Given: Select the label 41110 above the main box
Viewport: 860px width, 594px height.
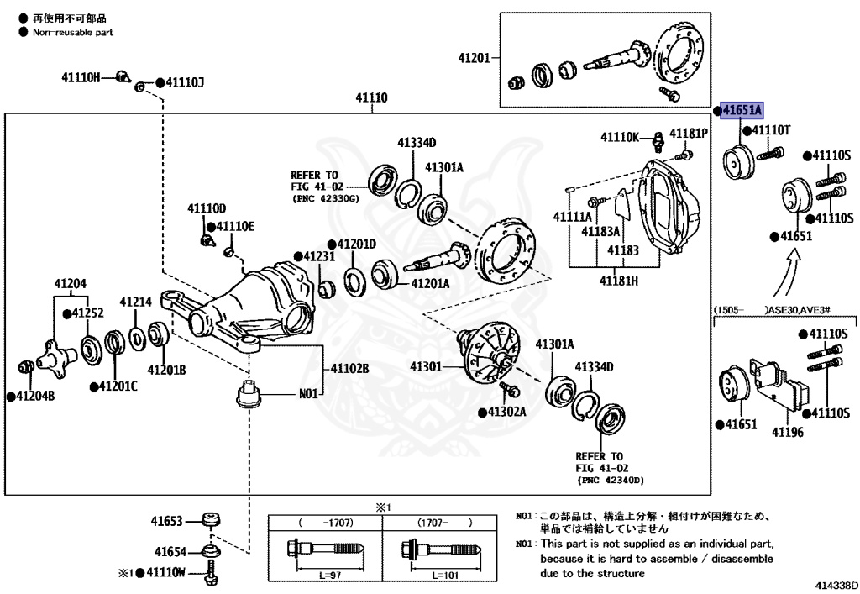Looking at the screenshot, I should point(371,98).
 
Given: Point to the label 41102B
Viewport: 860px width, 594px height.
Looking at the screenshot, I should point(349,368).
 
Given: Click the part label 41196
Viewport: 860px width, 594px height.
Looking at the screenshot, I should point(788,434).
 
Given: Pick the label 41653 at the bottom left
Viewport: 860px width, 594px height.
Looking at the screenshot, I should point(168,521).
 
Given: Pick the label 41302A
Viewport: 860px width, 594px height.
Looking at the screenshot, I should point(506,412).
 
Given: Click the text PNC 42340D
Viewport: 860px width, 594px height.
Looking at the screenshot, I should point(610,481).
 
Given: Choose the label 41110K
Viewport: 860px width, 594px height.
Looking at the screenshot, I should point(620,136).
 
